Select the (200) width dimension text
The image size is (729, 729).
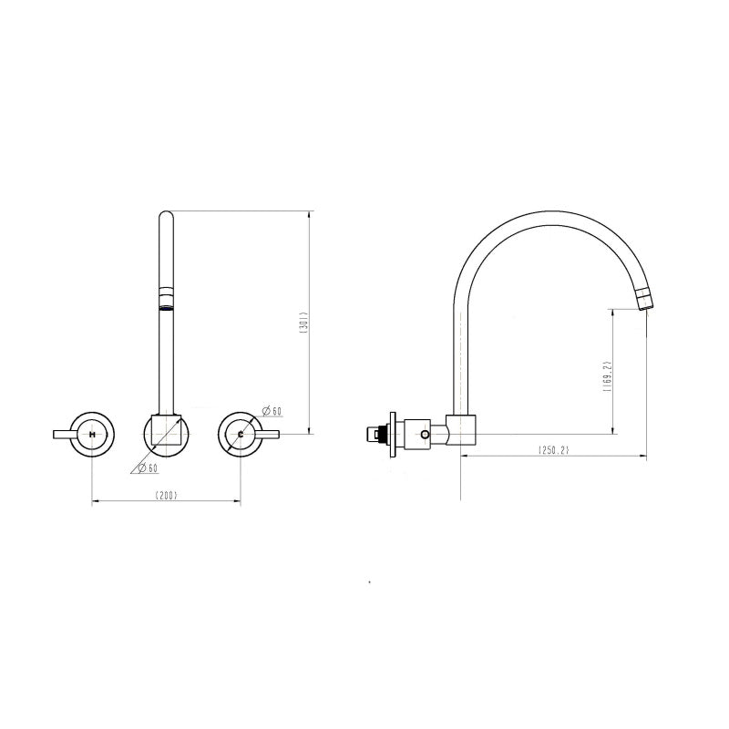click(x=166, y=495)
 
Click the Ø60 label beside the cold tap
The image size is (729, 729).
click(x=271, y=411)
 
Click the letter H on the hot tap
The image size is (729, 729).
click(x=93, y=435)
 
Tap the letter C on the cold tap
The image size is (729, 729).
click(x=240, y=435)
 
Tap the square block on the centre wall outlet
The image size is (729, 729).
click(x=166, y=428)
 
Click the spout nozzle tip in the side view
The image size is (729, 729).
click(x=645, y=301)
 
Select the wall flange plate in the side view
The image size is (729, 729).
click(x=394, y=435)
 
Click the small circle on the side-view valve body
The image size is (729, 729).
click(x=426, y=436)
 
